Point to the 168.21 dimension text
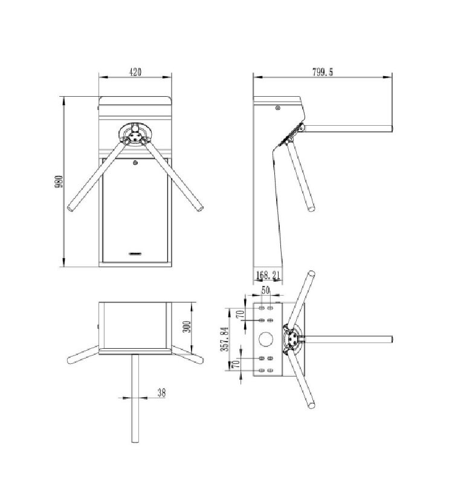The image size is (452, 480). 267,276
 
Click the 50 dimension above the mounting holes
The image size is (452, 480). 265,290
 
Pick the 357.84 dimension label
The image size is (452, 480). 224,339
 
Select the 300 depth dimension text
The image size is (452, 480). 187,327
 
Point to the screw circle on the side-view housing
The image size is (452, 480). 277,109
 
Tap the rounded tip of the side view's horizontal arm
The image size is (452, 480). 391,128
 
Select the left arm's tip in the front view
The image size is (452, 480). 72,210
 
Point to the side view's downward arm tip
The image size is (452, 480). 311,209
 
